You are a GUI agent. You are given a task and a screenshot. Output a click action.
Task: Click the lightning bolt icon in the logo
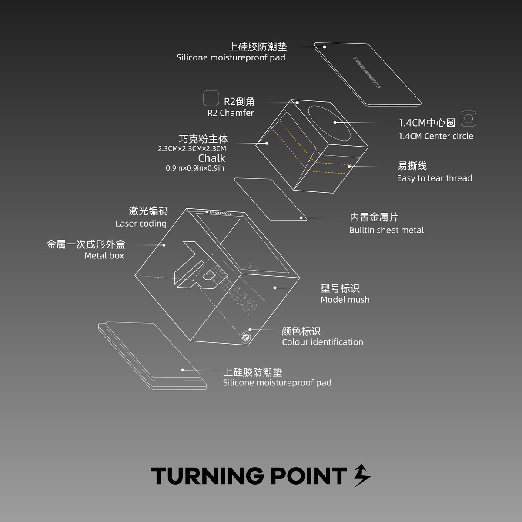click(362, 476)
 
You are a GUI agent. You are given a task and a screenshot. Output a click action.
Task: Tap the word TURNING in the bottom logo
click(207, 476)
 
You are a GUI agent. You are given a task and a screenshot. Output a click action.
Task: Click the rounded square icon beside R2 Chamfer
click(211, 98)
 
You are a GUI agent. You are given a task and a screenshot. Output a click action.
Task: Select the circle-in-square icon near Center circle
click(468, 118)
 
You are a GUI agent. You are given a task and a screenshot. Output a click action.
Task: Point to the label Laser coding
click(141, 224)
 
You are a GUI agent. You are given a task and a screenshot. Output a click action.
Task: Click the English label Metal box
click(104, 256)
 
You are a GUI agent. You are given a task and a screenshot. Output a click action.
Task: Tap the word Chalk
click(212, 158)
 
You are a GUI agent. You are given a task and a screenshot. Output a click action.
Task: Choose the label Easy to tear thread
click(435, 178)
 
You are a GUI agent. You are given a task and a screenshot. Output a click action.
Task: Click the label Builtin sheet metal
click(386, 230)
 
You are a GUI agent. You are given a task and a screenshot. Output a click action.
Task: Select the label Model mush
click(345, 300)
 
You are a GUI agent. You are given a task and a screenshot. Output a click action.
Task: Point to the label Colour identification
click(322, 342)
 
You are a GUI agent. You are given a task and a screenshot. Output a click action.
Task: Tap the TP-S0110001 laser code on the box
click(220, 213)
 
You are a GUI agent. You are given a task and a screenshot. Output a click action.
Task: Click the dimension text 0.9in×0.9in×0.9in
click(195, 168)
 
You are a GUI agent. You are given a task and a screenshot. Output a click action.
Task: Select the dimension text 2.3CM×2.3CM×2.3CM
click(192, 149)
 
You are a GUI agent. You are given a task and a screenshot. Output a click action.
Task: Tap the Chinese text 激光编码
click(148, 211)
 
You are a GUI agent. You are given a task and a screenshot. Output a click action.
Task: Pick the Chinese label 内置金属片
click(374, 217)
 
